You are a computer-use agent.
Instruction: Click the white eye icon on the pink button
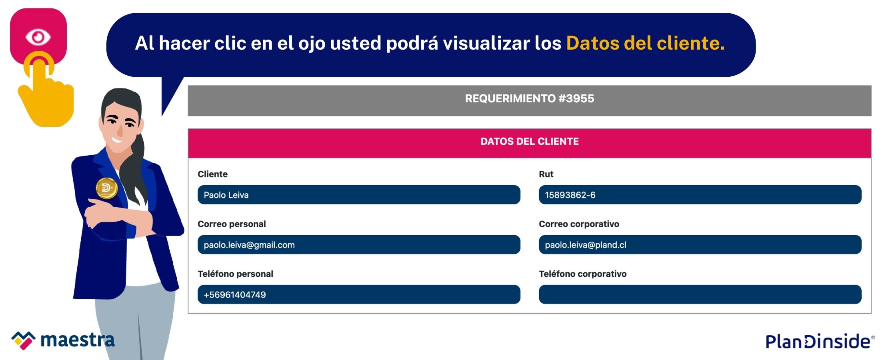(38, 37)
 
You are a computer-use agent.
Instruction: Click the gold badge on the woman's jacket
(107, 188)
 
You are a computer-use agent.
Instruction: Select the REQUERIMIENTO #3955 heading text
(529, 98)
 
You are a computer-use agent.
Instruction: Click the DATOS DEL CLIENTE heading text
(529, 141)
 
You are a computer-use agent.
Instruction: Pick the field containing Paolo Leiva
(359, 195)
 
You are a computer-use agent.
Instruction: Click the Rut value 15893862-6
(570, 195)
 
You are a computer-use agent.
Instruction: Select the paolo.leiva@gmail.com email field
(359, 245)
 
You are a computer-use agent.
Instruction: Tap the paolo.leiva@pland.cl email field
(700, 245)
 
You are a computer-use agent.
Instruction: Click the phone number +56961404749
(235, 295)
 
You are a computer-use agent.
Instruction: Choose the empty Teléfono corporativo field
(700, 294)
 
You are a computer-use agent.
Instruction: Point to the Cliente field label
(212, 174)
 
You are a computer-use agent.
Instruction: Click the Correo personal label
(232, 224)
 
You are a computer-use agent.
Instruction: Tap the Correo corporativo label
(579, 224)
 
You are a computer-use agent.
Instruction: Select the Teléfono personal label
(235, 274)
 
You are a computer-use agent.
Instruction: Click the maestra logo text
(78, 340)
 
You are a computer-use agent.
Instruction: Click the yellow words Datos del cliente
(645, 43)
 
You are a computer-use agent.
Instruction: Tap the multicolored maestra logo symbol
(23, 340)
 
